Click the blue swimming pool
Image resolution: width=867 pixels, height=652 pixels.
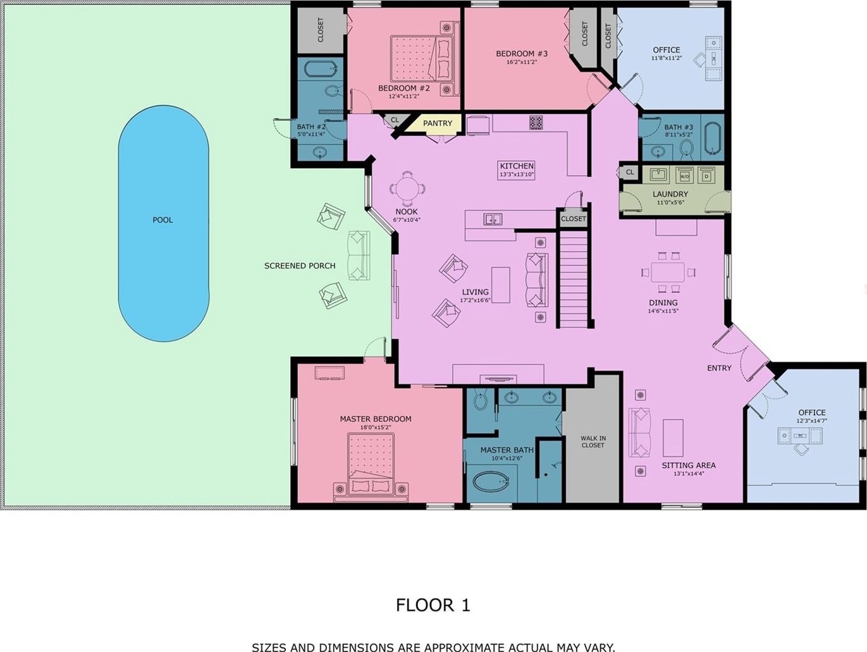(x=164, y=223)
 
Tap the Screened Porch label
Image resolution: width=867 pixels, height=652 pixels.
(x=300, y=266)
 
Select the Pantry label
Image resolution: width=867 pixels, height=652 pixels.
(x=437, y=123)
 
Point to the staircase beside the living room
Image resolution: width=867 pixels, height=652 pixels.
(x=574, y=278)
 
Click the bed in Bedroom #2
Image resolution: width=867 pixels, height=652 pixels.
(x=421, y=58)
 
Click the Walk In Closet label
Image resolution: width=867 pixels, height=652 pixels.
(x=593, y=441)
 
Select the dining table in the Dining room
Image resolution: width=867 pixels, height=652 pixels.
(x=668, y=272)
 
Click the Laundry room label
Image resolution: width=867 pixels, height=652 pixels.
(x=670, y=194)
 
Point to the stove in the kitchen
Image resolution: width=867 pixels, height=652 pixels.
(x=536, y=123)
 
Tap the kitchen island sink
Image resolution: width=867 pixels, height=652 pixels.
(x=493, y=219)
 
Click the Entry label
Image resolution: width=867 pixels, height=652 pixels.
(x=719, y=368)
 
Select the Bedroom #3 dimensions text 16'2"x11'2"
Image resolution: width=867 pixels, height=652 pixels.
(x=522, y=62)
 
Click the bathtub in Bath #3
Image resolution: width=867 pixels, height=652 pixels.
(x=713, y=137)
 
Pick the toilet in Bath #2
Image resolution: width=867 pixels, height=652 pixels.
(x=333, y=91)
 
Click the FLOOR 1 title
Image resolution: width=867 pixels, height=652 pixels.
(x=433, y=605)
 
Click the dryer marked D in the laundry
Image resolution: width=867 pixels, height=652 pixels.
(x=706, y=176)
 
